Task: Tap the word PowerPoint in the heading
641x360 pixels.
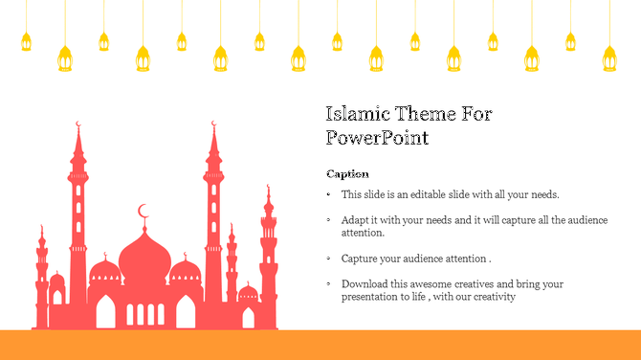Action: click(377, 137)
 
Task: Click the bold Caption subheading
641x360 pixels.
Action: click(347, 173)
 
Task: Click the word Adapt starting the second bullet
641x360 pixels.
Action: click(355, 220)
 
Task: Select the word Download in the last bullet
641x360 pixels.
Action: click(365, 284)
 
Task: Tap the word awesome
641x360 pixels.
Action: click(430, 284)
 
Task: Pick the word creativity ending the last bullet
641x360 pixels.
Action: click(494, 297)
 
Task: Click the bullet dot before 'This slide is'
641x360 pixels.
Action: click(328, 194)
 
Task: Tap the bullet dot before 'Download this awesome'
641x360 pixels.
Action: click(328, 284)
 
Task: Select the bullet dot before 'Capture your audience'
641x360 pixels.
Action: click(328, 259)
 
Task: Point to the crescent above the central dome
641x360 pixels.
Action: click(144, 211)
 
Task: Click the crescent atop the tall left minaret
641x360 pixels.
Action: click(77, 124)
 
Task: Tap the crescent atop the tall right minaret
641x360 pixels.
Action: click(213, 124)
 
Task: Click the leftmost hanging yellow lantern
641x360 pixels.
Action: click(26, 41)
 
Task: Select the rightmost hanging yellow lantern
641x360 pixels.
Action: click(608, 58)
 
